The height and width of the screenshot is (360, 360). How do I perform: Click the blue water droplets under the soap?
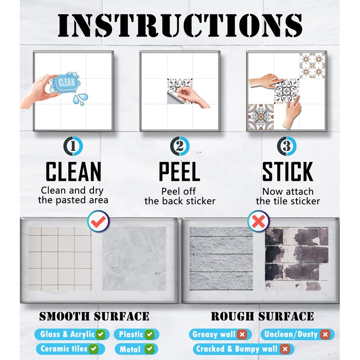coord(81,99)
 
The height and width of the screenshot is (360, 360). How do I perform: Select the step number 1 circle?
coord(73,147)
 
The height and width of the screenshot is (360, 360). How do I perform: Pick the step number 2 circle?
coord(180,147)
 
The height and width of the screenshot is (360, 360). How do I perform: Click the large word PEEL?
coord(180,172)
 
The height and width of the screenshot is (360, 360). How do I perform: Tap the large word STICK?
coord(288,172)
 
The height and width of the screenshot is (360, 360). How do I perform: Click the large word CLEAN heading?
coord(73,172)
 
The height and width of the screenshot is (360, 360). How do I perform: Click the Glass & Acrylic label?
coord(71,334)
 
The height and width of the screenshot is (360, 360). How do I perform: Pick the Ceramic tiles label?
coord(69,349)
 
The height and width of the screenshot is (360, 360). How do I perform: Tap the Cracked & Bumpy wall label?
coord(242,349)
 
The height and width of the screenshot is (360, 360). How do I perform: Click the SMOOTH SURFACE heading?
coord(94,316)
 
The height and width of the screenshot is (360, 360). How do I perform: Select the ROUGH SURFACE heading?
coord(262,316)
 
